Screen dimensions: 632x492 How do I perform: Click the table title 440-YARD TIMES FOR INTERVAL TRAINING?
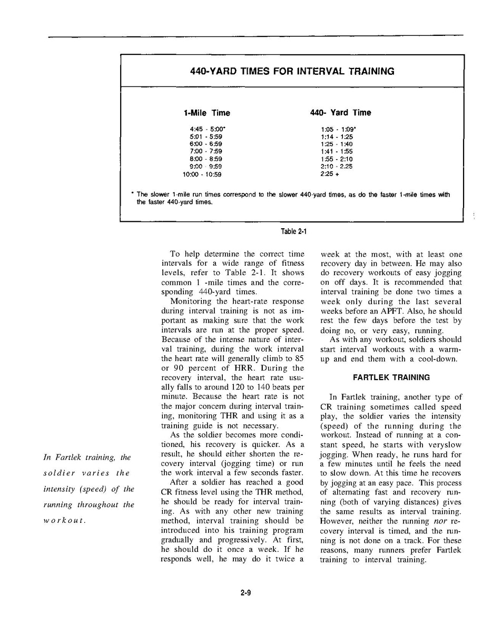[292, 71]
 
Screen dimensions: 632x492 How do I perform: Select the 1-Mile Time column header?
[207, 113]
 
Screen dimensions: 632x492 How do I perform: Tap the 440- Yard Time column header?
[340, 113]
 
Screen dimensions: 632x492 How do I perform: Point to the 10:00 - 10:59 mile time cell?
[202, 174]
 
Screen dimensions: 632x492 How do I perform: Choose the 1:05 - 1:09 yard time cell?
[339, 129]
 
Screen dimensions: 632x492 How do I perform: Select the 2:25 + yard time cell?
[330, 174]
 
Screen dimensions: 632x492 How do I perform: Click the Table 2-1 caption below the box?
[294, 231]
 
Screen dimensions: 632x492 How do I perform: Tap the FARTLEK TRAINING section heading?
[391, 377]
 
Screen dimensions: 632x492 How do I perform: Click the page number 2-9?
[245, 592]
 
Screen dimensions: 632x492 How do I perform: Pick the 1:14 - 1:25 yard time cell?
[337, 136]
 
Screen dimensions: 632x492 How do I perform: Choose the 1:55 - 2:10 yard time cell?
[337, 159]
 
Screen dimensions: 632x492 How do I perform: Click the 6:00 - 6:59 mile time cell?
[205, 144]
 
